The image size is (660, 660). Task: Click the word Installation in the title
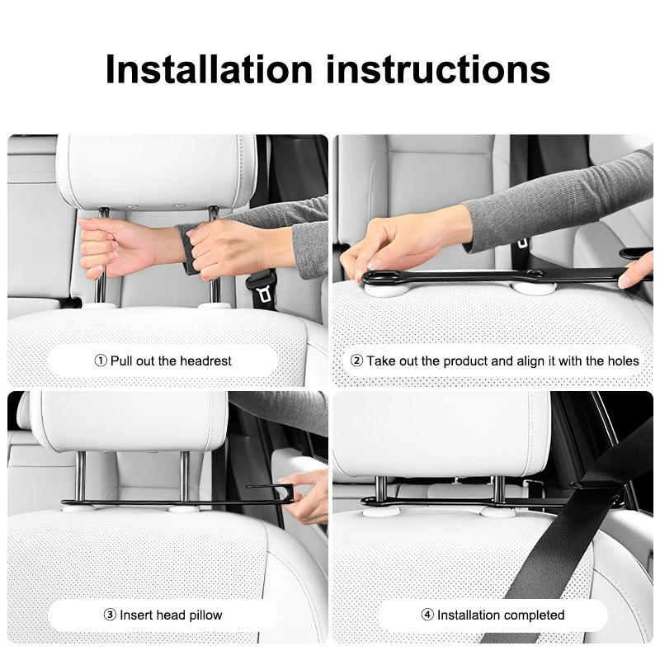(x=209, y=69)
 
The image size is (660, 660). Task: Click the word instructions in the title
(x=438, y=69)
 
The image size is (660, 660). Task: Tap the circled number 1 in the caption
(x=101, y=361)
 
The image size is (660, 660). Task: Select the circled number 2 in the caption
(x=356, y=361)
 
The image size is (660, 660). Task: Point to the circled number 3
(x=110, y=615)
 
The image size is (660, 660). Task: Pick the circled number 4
(x=427, y=615)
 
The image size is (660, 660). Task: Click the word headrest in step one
(x=205, y=361)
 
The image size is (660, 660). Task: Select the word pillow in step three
(x=205, y=615)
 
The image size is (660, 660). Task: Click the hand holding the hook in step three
(x=306, y=497)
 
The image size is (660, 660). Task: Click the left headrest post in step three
(x=80, y=477)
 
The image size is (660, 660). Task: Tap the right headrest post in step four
(x=498, y=490)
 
